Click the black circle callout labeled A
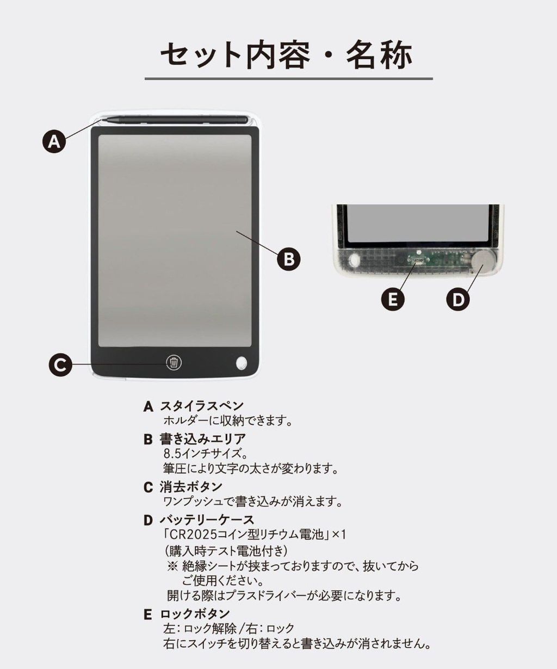(x=54, y=141)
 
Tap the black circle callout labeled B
(x=288, y=259)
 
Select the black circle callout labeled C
(x=60, y=364)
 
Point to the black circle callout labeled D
(x=458, y=299)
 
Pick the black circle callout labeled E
(x=393, y=299)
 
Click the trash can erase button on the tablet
(x=174, y=363)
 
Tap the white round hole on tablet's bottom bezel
(x=242, y=363)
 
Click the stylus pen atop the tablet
(x=175, y=120)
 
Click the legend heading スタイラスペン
(x=202, y=406)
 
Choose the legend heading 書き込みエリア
(x=203, y=439)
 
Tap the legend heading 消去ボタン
(x=191, y=487)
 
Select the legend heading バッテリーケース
(x=207, y=519)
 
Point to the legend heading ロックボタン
(x=195, y=614)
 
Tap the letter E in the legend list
(x=148, y=614)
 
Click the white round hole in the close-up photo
(x=355, y=259)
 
